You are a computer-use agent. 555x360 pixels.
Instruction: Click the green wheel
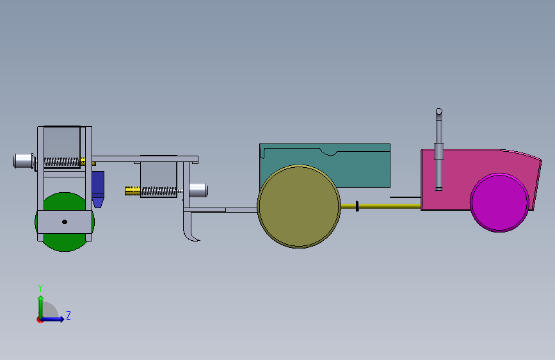pyautogui.click(x=64, y=241)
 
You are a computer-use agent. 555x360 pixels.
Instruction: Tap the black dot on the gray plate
pyautogui.click(x=65, y=222)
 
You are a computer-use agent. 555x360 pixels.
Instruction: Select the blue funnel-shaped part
pyautogui.click(x=98, y=189)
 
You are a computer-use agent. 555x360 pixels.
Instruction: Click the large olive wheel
pyautogui.click(x=299, y=206)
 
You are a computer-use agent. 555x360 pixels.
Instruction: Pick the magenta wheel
pyautogui.click(x=499, y=202)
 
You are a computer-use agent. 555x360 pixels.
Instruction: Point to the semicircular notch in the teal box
pyautogui.click(x=329, y=152)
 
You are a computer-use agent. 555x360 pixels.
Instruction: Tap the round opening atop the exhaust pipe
pyautogui.click(x=439, y=111)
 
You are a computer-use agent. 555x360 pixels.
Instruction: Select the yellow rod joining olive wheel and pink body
pyautogui.click(x=381, y=206)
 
